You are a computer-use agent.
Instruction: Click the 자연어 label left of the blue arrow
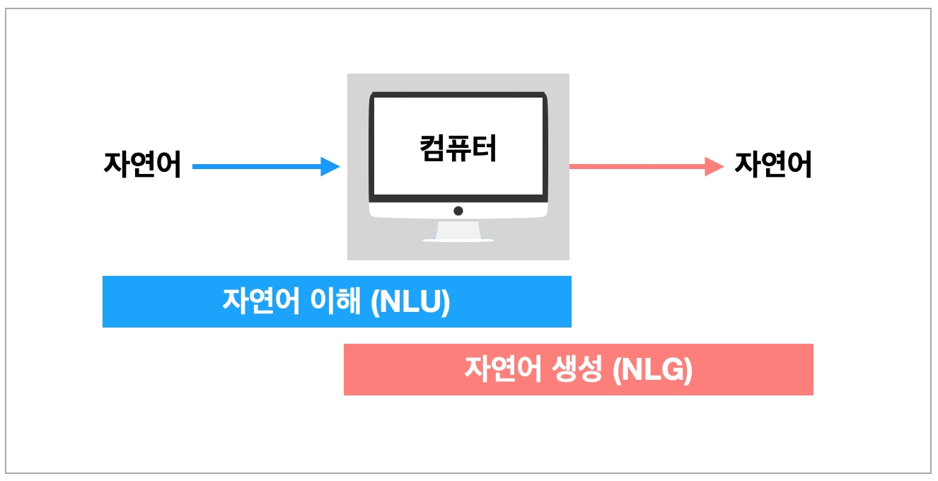(x=142, y=166)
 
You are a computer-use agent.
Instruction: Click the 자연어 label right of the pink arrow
(x=773, y=166)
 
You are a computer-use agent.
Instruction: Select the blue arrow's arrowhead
(x=330, y=167)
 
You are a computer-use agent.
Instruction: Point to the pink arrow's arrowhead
(x=715, y=167)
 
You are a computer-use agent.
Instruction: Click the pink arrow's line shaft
(x=637, y=167)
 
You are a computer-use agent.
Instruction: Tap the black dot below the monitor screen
(x=458, y=211)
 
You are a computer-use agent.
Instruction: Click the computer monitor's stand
(x=458, y=229)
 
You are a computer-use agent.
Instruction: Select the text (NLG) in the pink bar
(x=652, y=370)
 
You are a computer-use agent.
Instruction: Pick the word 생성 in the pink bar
(x=576, y=370)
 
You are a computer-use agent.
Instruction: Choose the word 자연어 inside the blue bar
(x=262, y=303)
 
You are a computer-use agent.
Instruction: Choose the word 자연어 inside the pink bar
(x=503, y=370)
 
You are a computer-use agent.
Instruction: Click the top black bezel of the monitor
(x=458, y=94)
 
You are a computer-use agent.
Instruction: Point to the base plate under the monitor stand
(x=458, y=240)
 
